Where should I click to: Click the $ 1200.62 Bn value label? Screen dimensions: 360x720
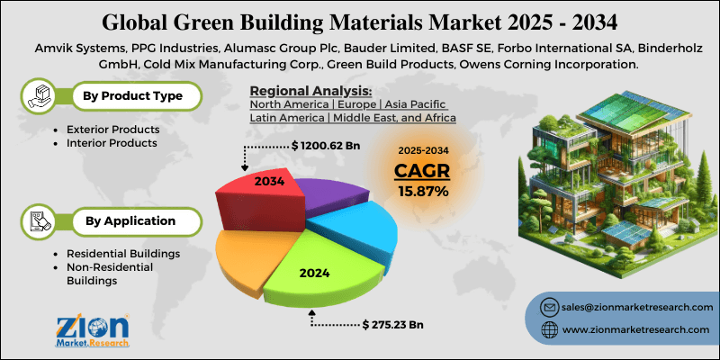(x=326, y=145)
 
